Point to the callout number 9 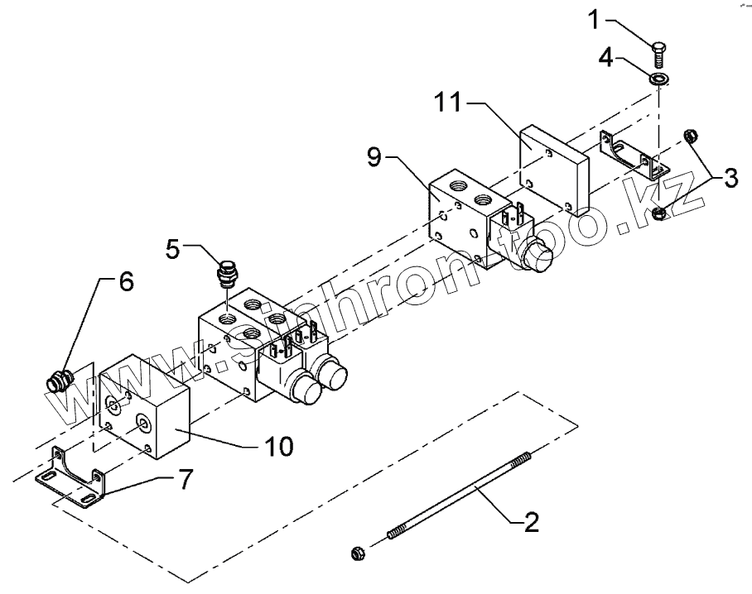374,157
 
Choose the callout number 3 728,179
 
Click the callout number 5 171,248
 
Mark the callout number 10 278,446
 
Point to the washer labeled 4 659,79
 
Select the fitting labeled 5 226,274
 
